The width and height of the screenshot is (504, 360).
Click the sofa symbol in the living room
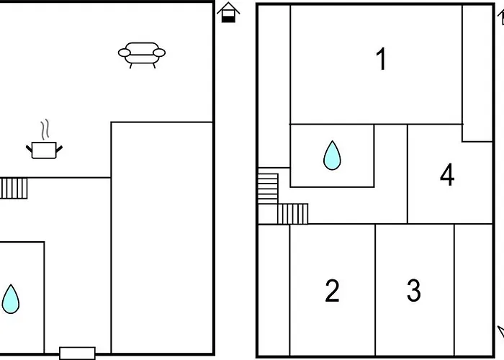click(x=142, y=55)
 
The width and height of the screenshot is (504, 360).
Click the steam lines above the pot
click(x=45, y=129)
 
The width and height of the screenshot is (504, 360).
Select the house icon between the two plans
click(x=228, y=12)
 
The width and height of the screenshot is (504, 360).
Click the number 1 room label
click(x=381, y=59)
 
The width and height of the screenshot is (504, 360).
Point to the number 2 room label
click(x=332, y=291)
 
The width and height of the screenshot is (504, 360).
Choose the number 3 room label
click(x=414, y=291)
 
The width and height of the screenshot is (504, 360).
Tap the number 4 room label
click(x=447, y=174)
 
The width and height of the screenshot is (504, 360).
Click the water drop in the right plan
click(x=332, y=156)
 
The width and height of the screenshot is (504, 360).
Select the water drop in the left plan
click(x=11, y=299)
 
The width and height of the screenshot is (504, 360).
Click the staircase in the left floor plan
click(x=14, y=189)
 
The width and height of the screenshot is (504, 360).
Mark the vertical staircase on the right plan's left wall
click(x=268, y=189)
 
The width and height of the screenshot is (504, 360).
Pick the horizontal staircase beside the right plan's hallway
click(x=292, y=214)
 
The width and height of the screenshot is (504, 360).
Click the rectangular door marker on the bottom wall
click(x=78, y=354)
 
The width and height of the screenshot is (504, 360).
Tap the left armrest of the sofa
click(x=125, y=53)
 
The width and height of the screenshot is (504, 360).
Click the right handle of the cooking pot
click(x=59, y=149)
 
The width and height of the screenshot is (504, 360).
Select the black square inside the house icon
click(x=228, y=19)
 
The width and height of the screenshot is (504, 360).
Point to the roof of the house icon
click(x=228, y=7)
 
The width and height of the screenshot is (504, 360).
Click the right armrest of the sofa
click(x=159, y=53)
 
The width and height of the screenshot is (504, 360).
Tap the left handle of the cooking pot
click(x=30, y=149)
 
